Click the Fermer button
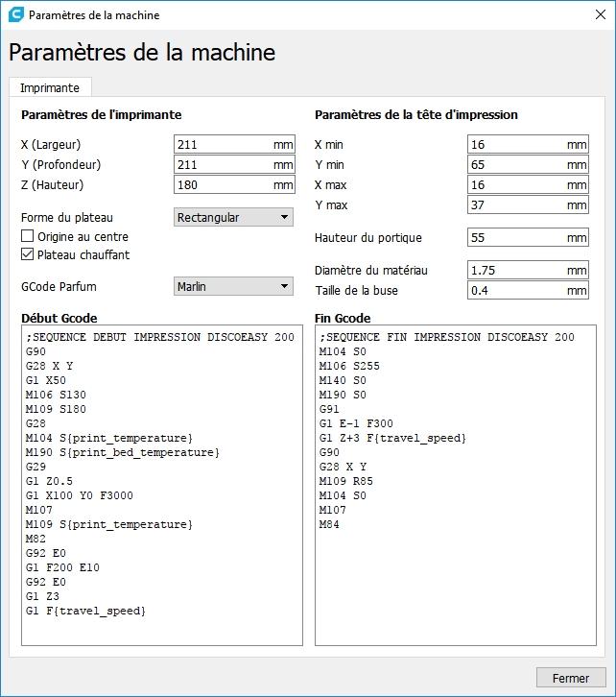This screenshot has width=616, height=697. click(x=571, y=678)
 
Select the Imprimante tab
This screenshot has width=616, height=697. click(x=50, y=87)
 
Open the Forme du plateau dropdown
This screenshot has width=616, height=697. click(x=234, y=218)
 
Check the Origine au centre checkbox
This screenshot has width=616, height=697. click(x=28, y=236)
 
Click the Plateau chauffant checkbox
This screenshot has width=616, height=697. click(x=28, y=254)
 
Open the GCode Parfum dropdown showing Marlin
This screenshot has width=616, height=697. click(x=234, y=286)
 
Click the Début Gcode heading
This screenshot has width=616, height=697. click(x=59, y=318)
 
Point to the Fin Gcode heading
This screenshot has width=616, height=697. click(x=343, y=318)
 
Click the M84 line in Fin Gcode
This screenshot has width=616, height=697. click(x=329, y=524)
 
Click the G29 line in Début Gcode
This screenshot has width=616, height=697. click(x=36, y=467)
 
